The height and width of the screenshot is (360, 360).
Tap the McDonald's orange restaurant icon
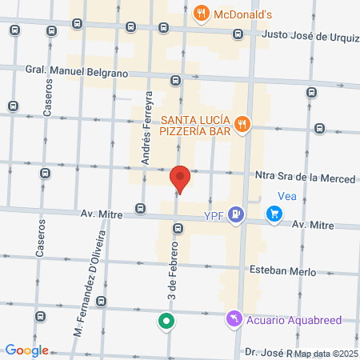tap(200, 14)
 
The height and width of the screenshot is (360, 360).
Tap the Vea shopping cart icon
tap(274, 214)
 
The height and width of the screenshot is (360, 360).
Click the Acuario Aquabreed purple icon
tap(233, 319)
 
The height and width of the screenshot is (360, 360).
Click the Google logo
tap(26, 350)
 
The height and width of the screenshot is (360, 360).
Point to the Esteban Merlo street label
tap(282, 270)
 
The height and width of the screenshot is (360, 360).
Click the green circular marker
tap(166, 322)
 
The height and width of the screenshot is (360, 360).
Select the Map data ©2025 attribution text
tap(323, 353)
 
